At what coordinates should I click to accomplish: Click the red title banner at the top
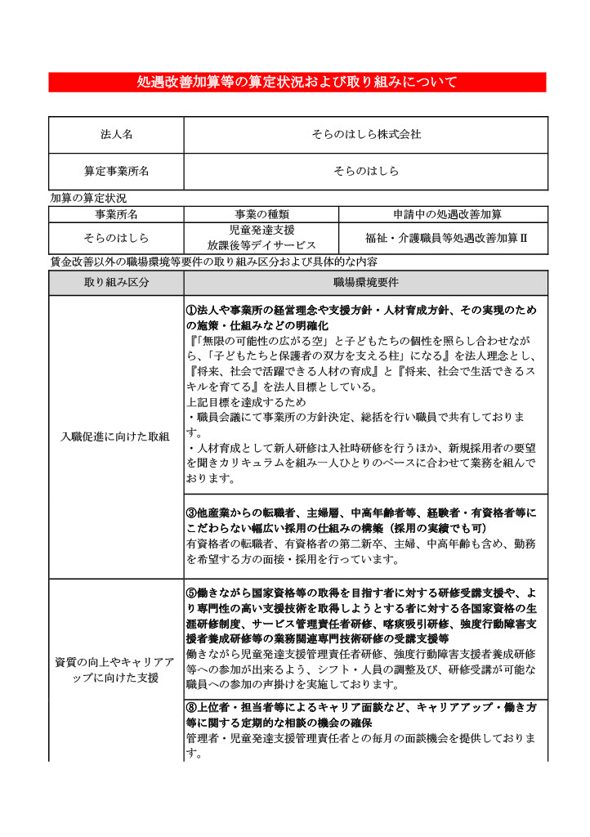coord(297,82)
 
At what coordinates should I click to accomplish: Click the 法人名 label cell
coord(116,134)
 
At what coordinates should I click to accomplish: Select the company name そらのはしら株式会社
coord(365,134)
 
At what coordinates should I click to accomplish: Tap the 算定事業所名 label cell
coord(116,172)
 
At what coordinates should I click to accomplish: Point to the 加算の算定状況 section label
coord(88,198)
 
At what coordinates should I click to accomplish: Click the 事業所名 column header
coord(116,214)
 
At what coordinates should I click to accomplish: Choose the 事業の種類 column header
coord(261,214)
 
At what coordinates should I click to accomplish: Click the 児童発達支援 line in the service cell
coord(261,231)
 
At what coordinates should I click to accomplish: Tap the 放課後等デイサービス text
coord(261,245)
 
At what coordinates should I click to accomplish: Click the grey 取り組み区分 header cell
coord(116,283)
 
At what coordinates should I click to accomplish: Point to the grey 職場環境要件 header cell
coord(365,283)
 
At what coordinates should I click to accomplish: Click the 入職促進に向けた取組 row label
coord(116,436)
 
